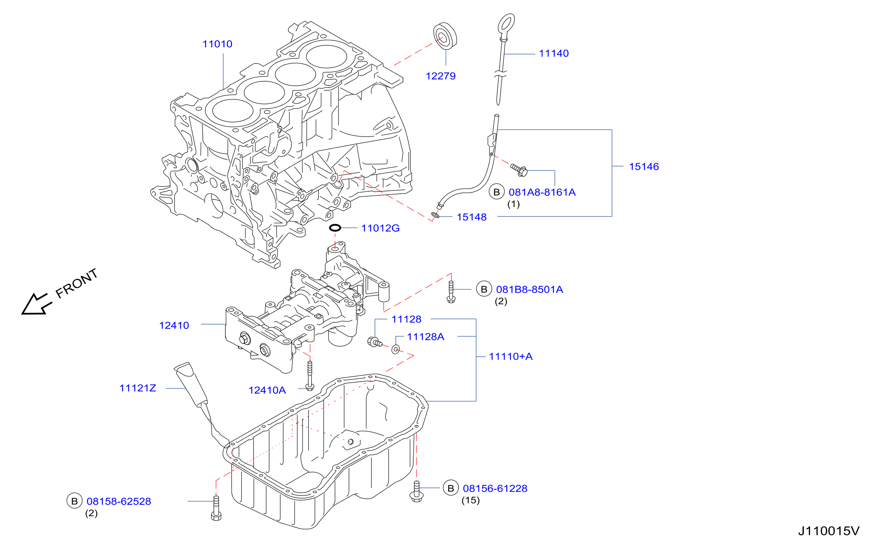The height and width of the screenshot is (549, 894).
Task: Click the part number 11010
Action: (x=217, y=44)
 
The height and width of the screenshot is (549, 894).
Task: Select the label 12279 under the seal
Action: (x=440, y=76)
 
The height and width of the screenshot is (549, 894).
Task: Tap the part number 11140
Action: (x=554, y=54)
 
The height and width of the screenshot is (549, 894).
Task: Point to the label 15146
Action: (x=644, y=167)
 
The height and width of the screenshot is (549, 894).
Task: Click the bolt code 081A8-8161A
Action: (x=542, y=192)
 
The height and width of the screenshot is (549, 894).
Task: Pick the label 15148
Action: (x=471, y=217)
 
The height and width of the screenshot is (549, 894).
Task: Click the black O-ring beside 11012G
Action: (x=335, y=228)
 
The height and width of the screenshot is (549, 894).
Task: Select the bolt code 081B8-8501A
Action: (x=530, y=290)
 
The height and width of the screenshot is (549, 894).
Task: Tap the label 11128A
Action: (x=426, y=337)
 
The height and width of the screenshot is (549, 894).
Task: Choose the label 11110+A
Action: (x=511, y=357)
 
